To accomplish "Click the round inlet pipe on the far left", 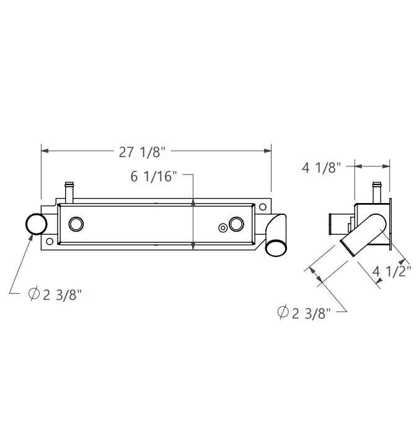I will [36, 224].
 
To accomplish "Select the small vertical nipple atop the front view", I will [69, 190].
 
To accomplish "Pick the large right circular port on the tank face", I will [236, 224].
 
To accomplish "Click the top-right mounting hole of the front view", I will [263, 207].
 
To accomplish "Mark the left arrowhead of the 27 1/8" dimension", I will [44, 150].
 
